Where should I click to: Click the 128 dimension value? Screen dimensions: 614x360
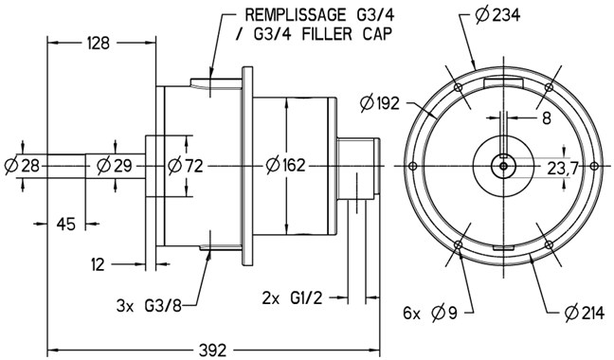(98, 43)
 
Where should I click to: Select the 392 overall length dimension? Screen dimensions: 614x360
(212, 350)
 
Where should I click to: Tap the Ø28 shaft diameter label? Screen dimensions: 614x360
(23, 166)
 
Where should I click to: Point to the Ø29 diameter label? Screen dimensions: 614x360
(115, 166)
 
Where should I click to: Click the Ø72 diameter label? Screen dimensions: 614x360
(186, 166)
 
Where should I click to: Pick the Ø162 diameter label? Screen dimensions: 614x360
(285, 165)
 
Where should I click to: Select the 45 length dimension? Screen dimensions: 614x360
(65, 225)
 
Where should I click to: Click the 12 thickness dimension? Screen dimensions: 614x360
(98, 265)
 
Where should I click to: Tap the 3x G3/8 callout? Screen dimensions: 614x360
(149, 306)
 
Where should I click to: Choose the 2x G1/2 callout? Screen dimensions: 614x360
(292, 298)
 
